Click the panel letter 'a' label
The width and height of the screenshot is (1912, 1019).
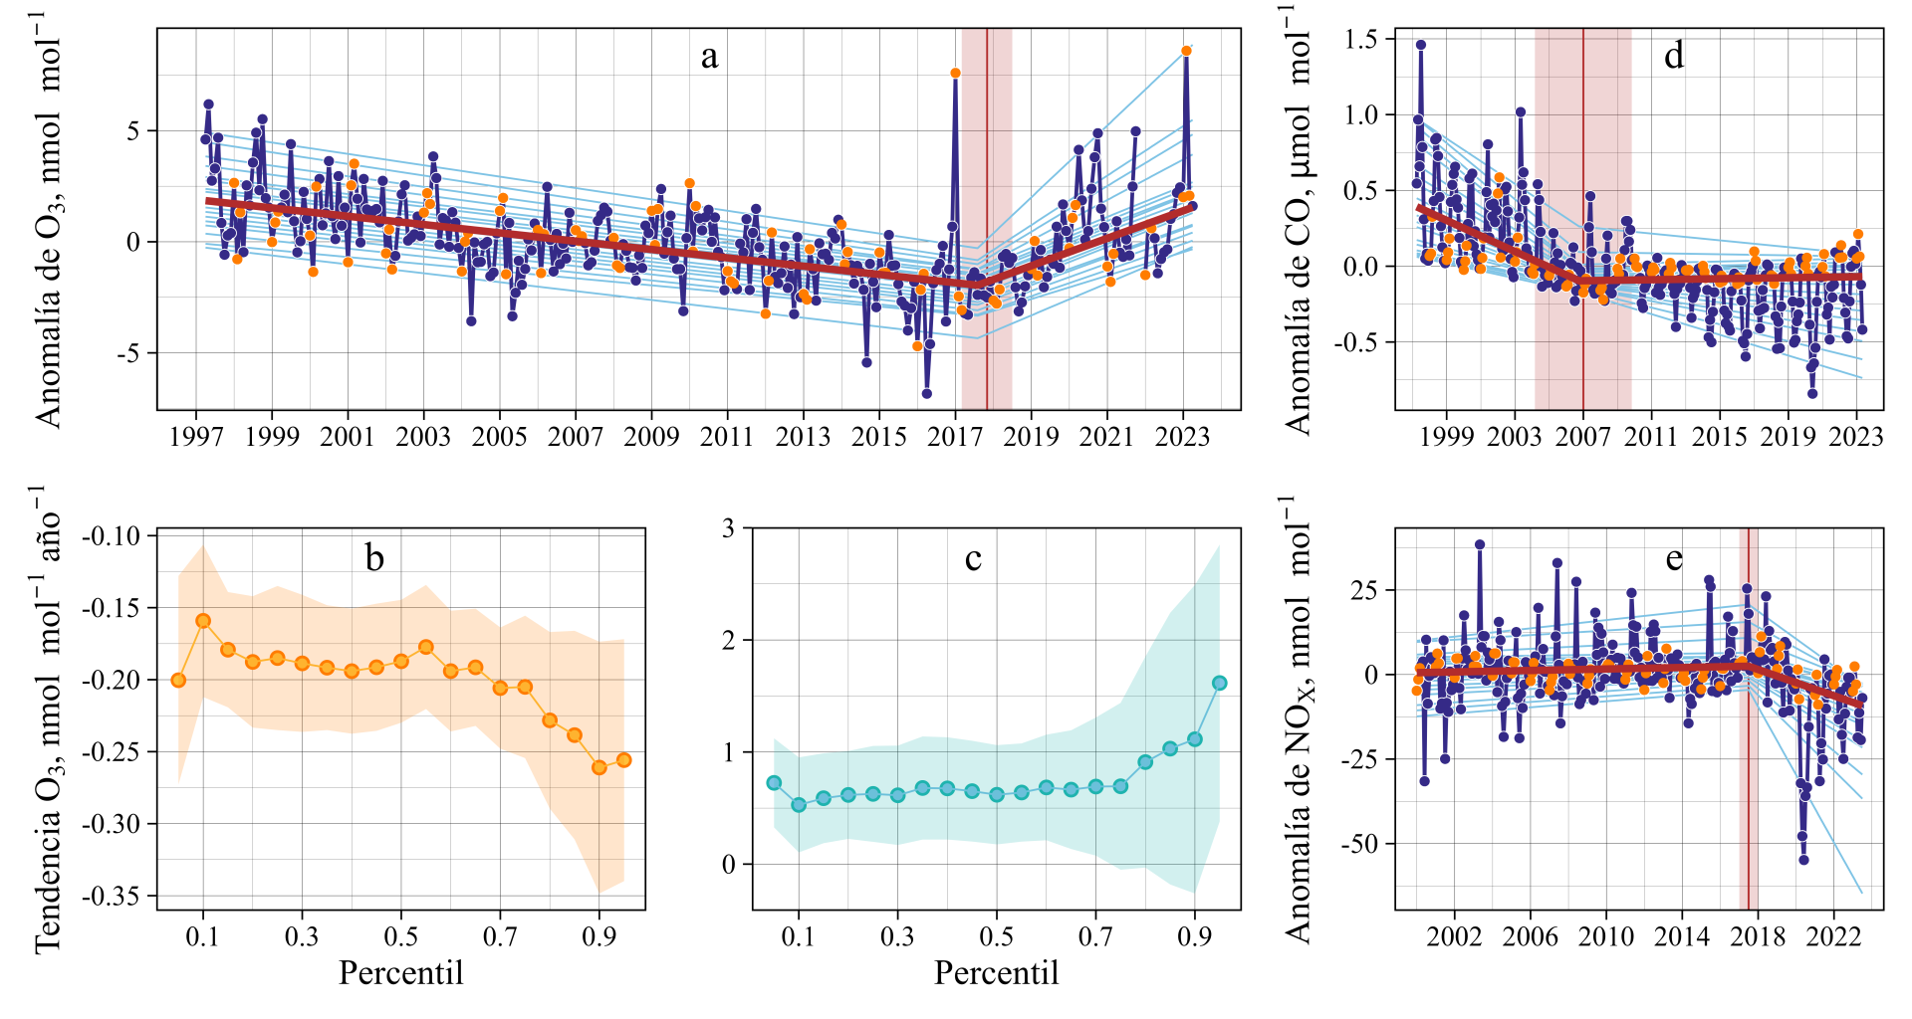[709, 57]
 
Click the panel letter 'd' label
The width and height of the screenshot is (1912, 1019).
[1674, 56]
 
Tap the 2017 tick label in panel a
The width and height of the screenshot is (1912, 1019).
[955, 436]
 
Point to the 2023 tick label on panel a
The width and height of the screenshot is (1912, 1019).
[1182, 436]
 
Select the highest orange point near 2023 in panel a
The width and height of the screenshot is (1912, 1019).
[1186, 51]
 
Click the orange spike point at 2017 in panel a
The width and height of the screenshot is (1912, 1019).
[955, 73]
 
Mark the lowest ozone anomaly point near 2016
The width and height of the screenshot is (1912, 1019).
[927, 394]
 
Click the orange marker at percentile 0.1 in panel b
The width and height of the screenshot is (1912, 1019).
[203, 621]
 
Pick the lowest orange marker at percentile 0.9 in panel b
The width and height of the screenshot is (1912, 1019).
[599, 767]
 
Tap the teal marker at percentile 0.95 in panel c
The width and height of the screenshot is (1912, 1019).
[1220, 683]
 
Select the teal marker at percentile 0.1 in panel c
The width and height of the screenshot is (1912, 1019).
[799, 804]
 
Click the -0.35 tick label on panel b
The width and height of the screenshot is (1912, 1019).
[112, 897]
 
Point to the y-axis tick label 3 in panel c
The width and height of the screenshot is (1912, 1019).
[729, 528]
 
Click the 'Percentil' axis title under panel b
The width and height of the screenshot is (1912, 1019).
[400, 972]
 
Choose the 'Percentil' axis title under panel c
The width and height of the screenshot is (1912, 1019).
[996, 972]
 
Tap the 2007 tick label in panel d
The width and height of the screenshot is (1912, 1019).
[1582, 436]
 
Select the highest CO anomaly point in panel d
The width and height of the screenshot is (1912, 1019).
[1421, 45]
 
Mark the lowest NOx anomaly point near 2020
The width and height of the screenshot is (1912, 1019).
[1803, 860]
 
